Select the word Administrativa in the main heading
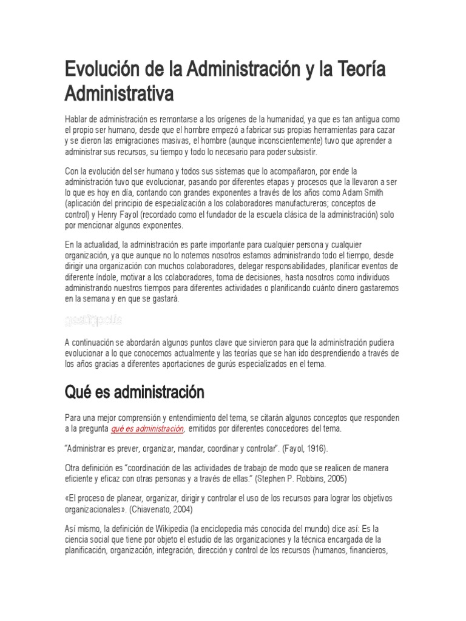point(120,94)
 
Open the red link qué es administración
point(147,429)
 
